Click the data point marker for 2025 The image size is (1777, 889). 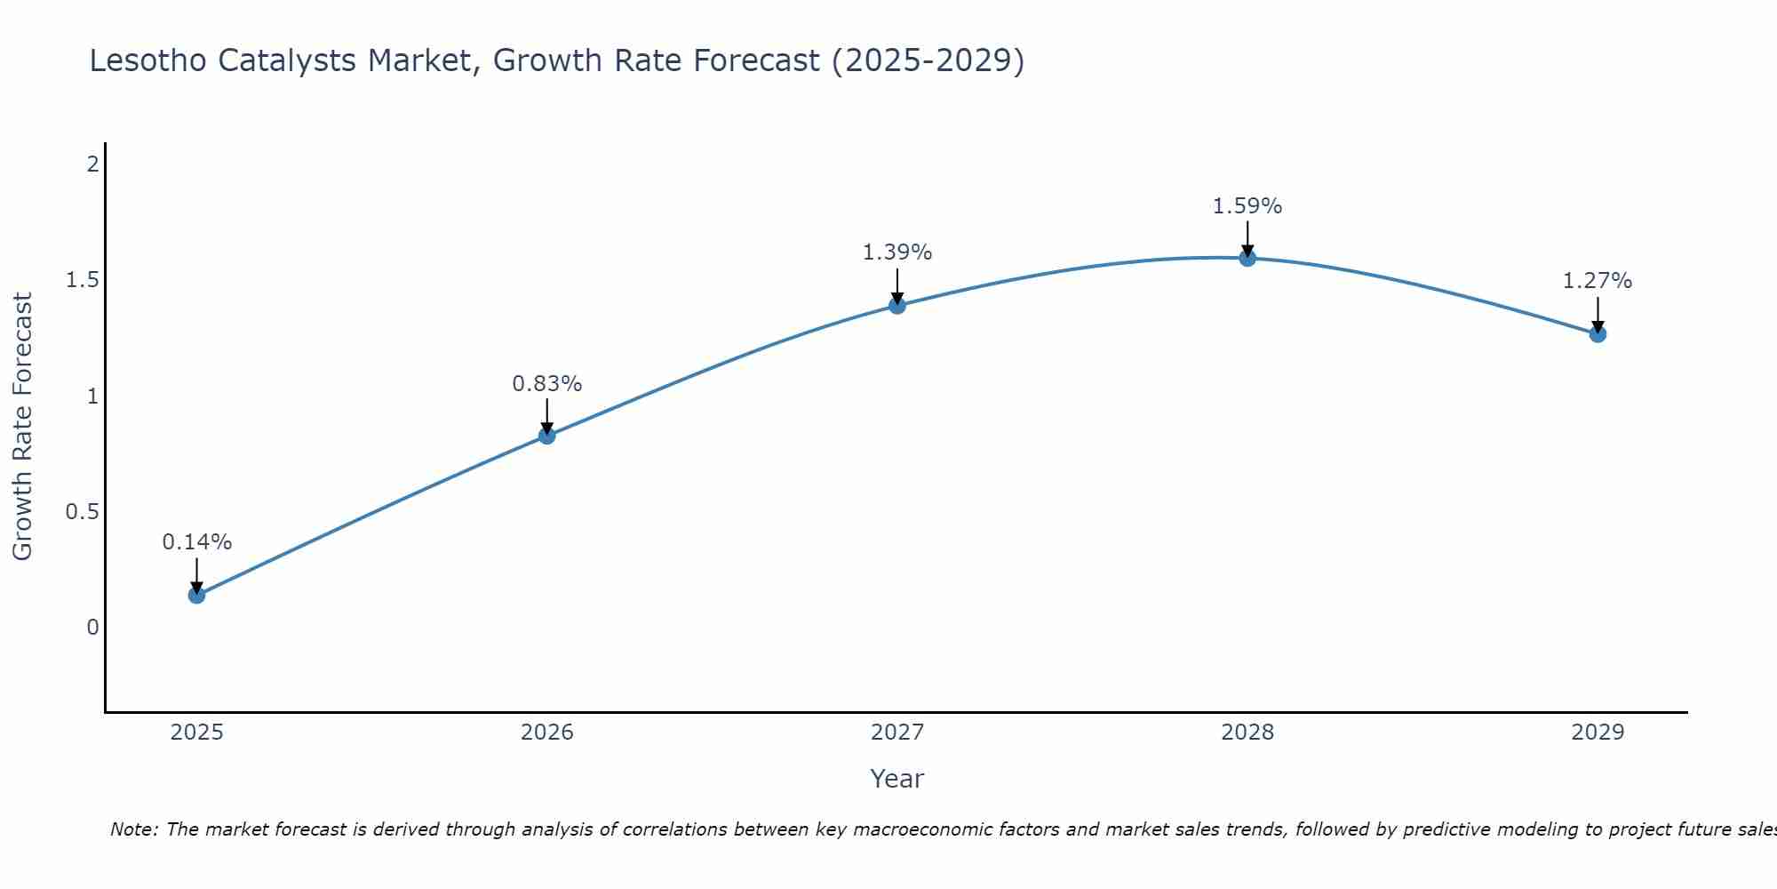(196, 595)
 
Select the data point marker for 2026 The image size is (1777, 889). (546, 436)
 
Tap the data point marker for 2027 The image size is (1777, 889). (897, 306)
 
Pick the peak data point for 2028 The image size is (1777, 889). (1247, 259)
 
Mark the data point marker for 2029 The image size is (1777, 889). (1598, 334)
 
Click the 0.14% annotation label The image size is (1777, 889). (196, 542)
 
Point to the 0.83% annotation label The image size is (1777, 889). (546, 384)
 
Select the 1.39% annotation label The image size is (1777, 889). (897, 252)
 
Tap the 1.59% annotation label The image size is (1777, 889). (1247, 206)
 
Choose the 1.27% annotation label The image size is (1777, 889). (1598, 281)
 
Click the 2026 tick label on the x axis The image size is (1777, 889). (546, 733)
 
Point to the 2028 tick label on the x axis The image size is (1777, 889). (1247, 733)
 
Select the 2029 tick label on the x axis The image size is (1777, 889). (1598, 733)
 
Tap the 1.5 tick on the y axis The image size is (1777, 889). (82, 281)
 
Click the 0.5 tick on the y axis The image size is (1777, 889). (82, 512)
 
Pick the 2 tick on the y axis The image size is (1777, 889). (92, 164)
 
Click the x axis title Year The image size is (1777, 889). (897, 779)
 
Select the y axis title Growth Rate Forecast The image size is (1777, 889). (23, 427)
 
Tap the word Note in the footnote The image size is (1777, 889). (133, 829)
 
